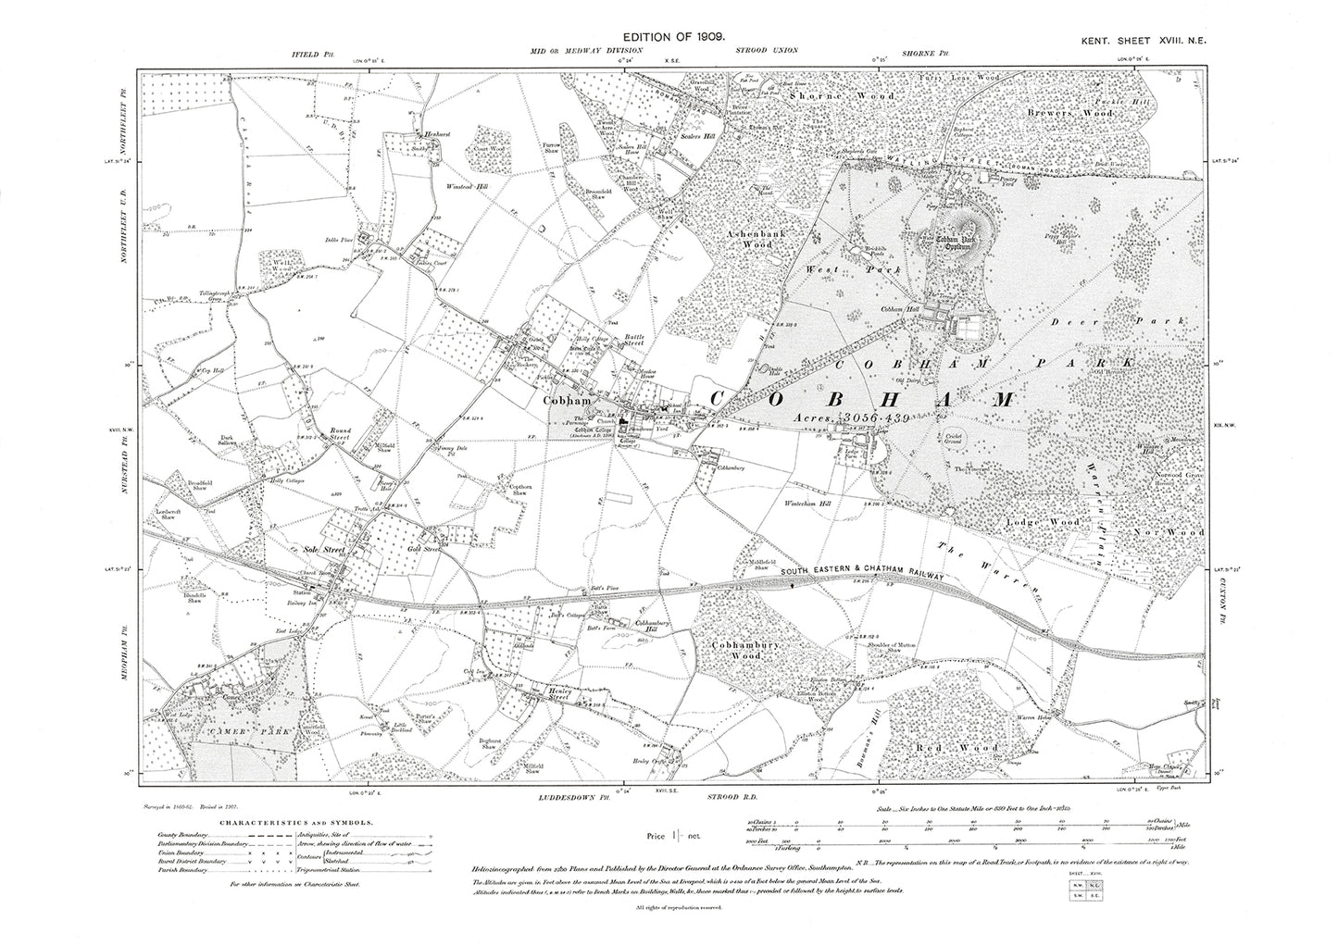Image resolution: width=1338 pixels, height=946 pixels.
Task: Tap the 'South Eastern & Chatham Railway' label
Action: pos(860,576)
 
